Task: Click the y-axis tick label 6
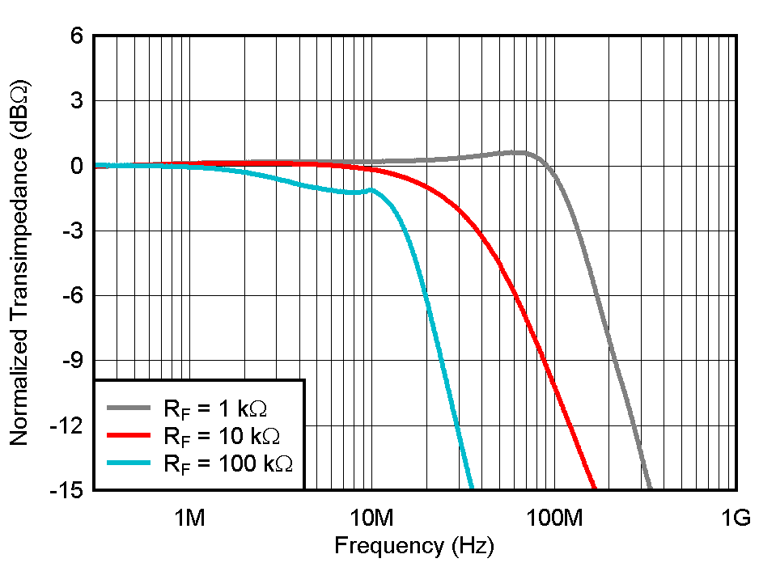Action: (78, 36)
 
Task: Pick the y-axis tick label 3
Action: (78, 101)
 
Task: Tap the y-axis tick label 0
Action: (78, 166)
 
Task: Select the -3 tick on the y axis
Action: (74, 231)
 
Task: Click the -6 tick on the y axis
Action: (74, 296)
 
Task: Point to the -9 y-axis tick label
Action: (74, 361)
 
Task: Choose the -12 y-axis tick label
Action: (70, 425)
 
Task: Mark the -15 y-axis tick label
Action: (70, 490)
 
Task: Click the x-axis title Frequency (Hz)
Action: (413, 546)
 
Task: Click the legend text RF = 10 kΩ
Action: (222, 436)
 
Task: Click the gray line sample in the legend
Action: (129, 408)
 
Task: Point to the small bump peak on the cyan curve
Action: (371, 189)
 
